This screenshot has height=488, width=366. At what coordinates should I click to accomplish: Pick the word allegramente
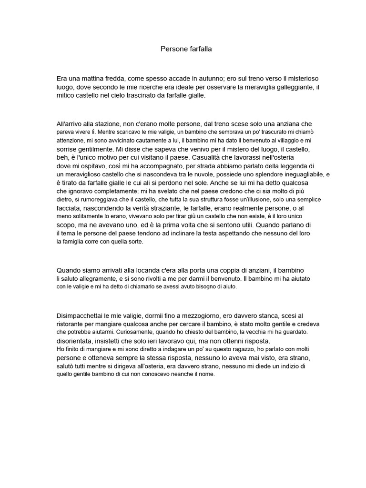95,278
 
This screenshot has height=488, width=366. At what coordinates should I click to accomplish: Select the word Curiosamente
126,331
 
